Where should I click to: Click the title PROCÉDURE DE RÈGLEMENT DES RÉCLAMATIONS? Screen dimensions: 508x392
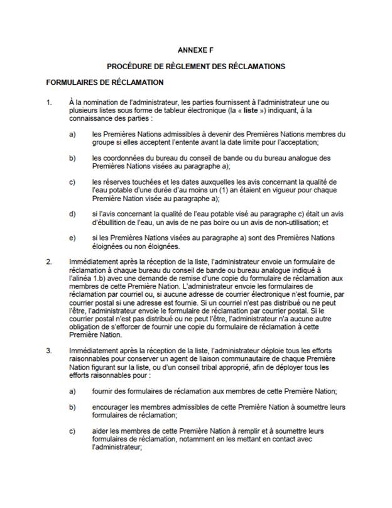coord(195,65)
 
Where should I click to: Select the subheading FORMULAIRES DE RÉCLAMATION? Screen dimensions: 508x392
coord(105,82)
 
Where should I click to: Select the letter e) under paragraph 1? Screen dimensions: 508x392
coord(72,238)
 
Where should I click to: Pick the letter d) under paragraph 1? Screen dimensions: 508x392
coord(72,214)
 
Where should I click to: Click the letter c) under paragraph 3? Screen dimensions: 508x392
coord(72,431)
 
